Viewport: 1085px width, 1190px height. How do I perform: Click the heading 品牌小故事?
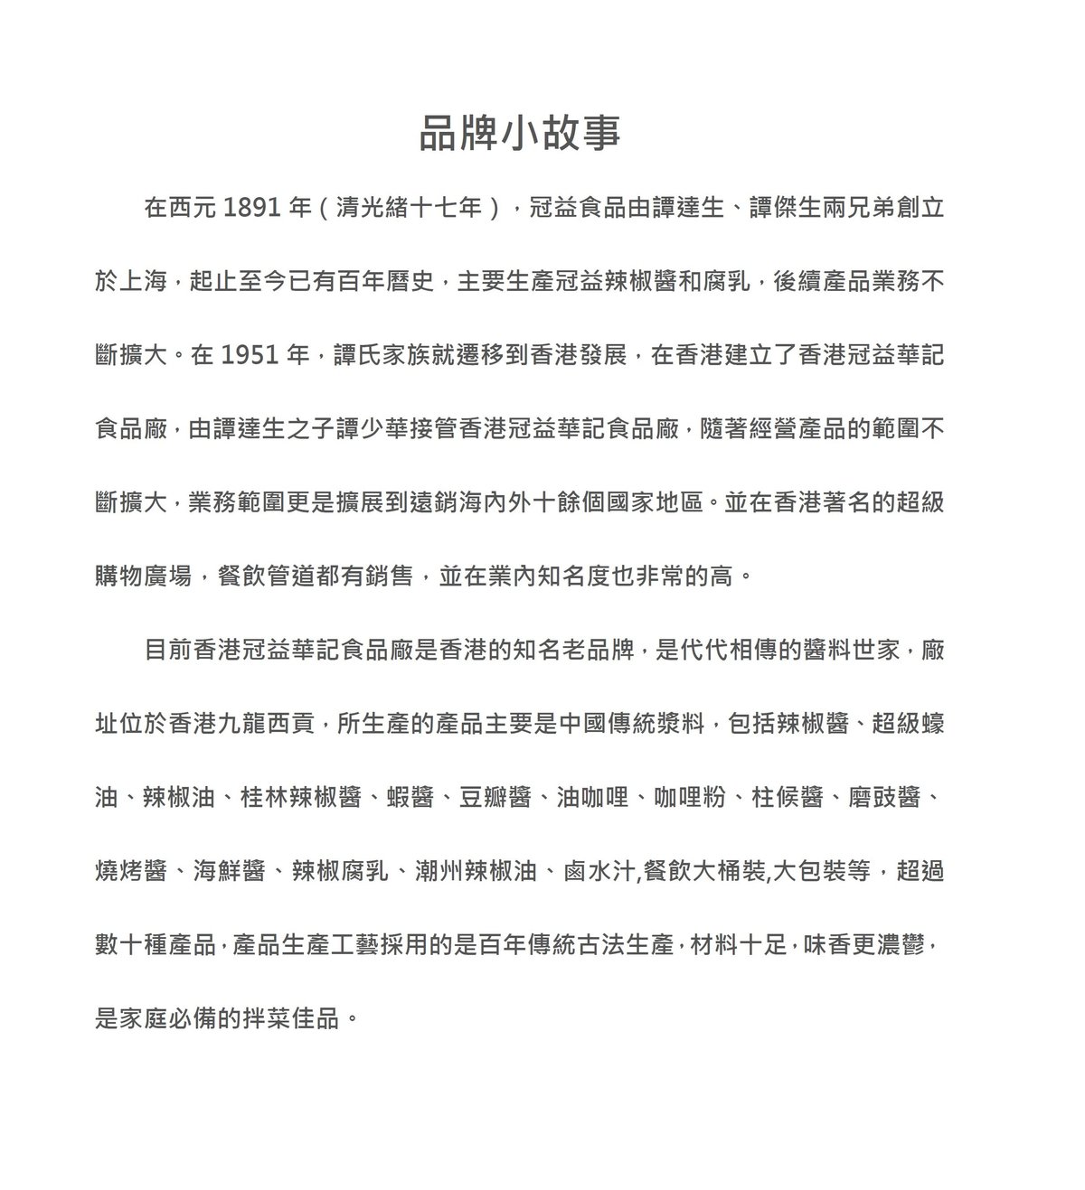[520, 133]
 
